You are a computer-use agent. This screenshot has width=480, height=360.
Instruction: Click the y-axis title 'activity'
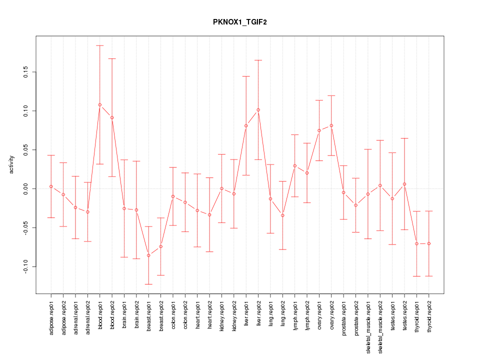pyautogui.click(x=11, y=164)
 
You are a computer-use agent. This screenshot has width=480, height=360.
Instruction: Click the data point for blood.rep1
pyautogui.click(x=100, y=105)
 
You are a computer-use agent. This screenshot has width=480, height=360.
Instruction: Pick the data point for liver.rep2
pyautogui.click(x=258, y=110)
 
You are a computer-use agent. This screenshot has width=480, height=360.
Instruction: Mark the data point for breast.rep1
pyautogui.click(x=148, y=255)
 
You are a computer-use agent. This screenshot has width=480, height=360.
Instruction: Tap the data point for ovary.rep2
pyautogui.click(x=331, y=125)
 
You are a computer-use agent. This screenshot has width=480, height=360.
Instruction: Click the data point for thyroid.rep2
pyautogui.click(x=429, y=243)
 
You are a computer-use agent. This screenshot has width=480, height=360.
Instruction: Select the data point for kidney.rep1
pyautogui.click(x=222, y=188)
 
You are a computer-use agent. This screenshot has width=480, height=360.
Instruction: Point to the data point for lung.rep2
pyautogui.click(x=283, y=215)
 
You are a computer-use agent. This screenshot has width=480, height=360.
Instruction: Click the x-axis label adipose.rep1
pyautogui.click(x=51, y=314)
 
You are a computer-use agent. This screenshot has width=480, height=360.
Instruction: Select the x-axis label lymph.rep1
pyautogui.click(x=295, y=313)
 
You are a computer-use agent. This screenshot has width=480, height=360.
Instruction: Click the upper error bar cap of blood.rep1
pyautogui.click(x=100, y=45)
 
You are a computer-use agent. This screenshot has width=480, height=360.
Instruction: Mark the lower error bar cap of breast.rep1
pyautogui.click(x=148, y=284)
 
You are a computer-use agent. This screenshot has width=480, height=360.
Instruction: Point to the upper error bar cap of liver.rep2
pyautogui.click(x=258, y=60)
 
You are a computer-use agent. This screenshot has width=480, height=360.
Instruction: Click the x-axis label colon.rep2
pyautogui.click(x=185, y=313)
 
